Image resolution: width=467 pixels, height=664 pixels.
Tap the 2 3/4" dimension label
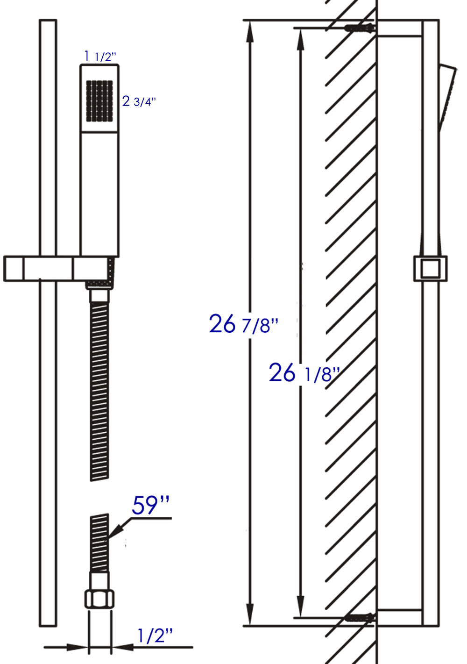[139, 101]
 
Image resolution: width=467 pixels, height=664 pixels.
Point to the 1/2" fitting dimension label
[155, 635]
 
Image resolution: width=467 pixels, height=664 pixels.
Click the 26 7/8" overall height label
[243, 324]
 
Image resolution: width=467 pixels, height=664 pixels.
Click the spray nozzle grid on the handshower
[99, 101]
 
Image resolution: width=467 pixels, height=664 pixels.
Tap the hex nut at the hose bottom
[99, 599]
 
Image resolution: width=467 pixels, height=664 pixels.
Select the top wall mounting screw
[360, 28]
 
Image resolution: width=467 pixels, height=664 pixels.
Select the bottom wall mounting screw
[360, 618]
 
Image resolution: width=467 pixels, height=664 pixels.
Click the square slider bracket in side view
[430, 269]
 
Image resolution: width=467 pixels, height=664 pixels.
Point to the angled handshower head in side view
[447, 96]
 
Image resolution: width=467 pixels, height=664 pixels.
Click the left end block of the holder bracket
[14, 269]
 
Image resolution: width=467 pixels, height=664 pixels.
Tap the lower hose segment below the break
[99, 542]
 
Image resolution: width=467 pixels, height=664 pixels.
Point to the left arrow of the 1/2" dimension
[79, 647]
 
